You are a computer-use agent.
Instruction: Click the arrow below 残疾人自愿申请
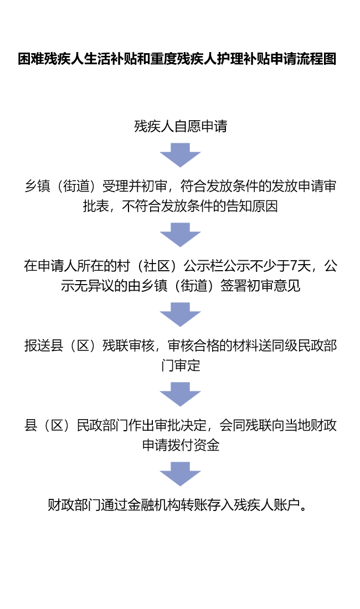pyautogui.click(x=180, y=155)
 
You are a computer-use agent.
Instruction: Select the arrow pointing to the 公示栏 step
pyautogui.click(x=180, y=235)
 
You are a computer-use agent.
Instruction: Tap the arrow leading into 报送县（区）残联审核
pyautogui.click(x=180, y=314)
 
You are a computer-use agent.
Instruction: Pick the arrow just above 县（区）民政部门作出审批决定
pyautogui.click(x=180, y=394)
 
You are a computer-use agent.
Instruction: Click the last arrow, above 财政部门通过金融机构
pyautogui.click(x=180, y=474)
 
